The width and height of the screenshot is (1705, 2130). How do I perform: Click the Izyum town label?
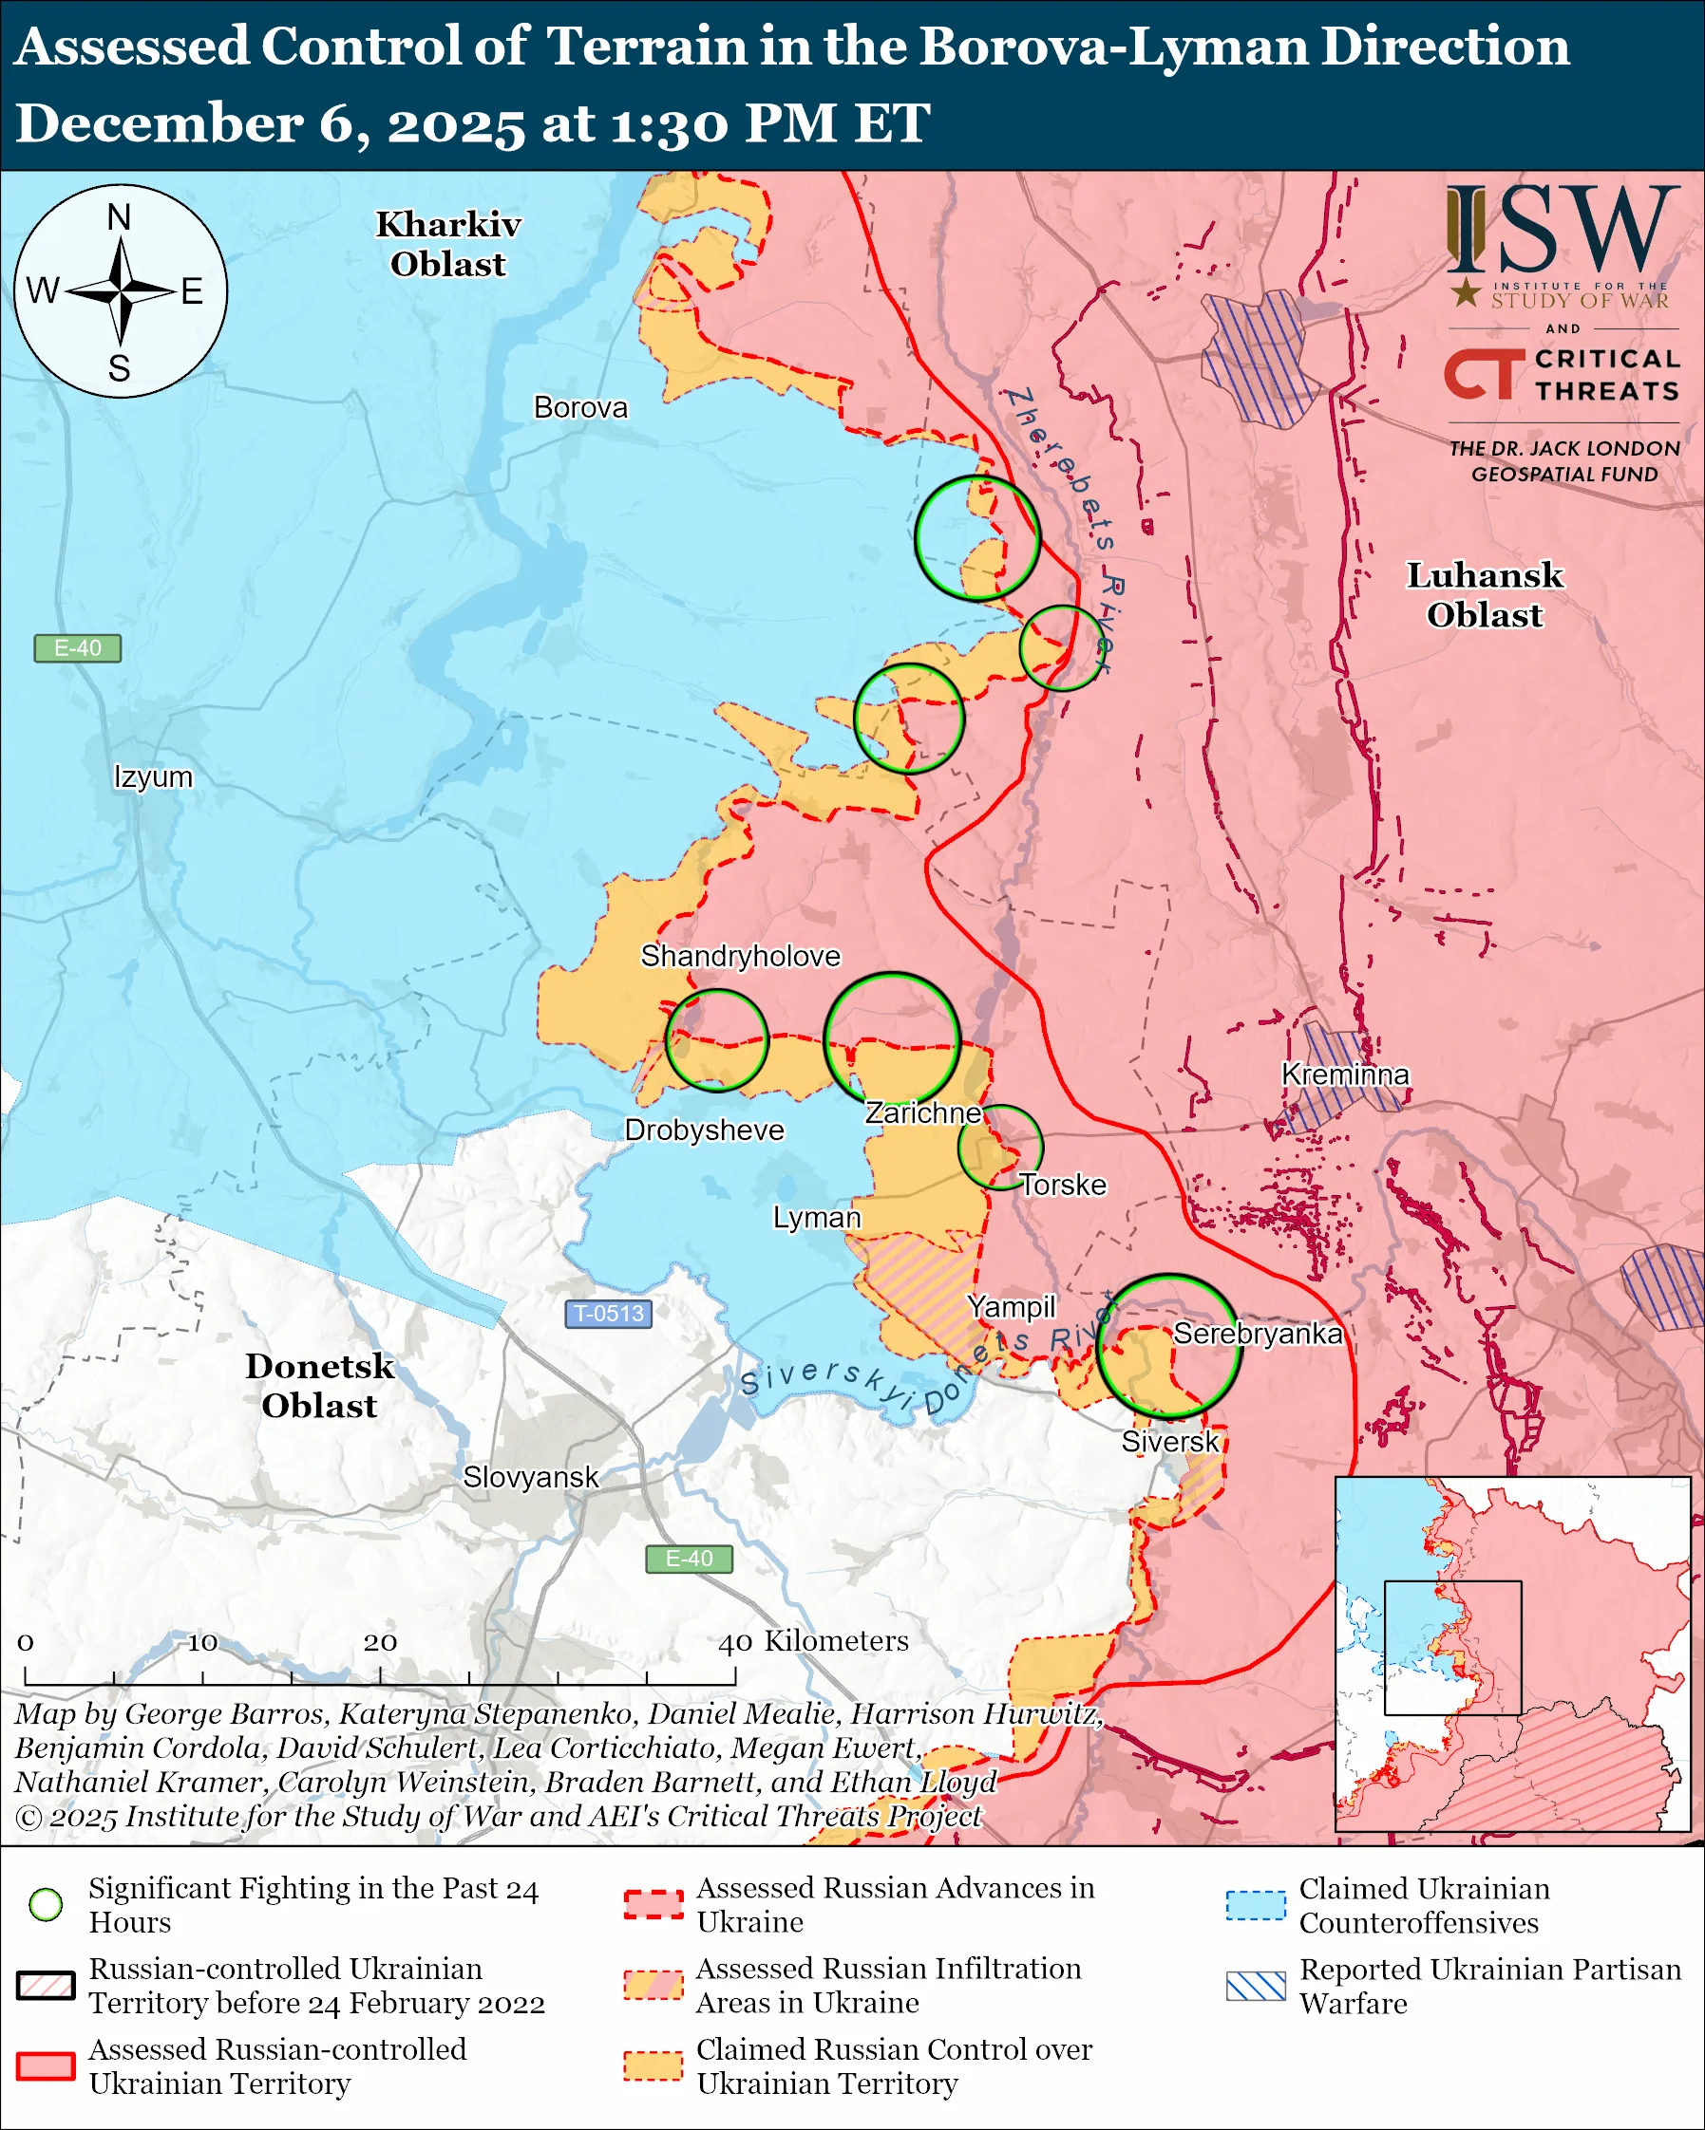pos(153,776)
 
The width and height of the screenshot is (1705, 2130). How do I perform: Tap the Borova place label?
pos(580,407)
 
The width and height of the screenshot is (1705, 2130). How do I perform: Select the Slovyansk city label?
pos(531,1477)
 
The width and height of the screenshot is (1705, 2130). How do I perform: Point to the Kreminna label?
pos(1344,1074)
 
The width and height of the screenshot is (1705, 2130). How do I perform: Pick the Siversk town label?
pos(1170,1442)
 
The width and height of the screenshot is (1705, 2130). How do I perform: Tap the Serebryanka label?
pos(1258,1334)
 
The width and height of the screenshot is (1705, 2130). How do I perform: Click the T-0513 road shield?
pos(608,1313)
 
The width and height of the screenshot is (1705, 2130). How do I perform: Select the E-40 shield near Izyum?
pos(77,648)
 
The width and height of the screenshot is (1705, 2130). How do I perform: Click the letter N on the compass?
pos(119,217)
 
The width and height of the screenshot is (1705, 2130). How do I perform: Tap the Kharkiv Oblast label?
pos(447,244)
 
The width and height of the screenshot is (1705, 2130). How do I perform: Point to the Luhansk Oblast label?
pos(1485,594)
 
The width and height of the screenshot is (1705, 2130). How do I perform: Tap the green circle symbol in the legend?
pos(47,1904)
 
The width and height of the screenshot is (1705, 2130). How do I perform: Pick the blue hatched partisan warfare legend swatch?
pos(1256,1986)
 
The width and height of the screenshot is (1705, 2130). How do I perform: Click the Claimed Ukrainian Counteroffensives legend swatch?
pos(1256,1904)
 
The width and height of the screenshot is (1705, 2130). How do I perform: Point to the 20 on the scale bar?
pos(380,1643)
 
